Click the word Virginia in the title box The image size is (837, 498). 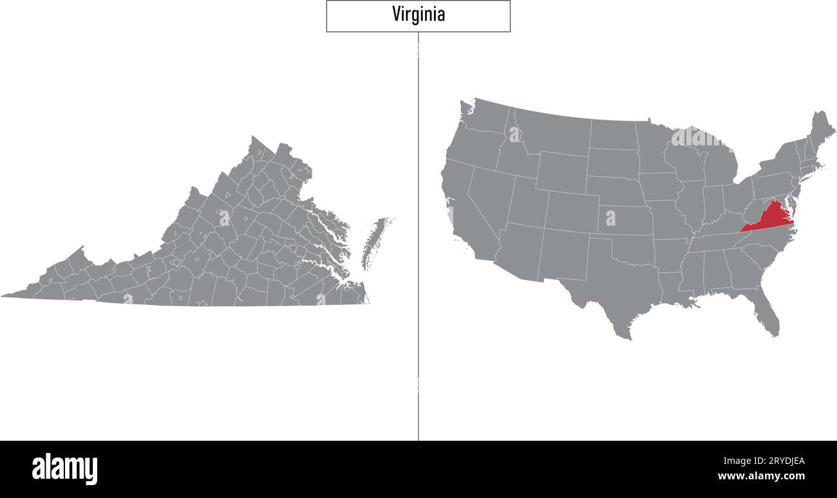point(418,15)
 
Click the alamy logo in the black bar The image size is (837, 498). point(64,468)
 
